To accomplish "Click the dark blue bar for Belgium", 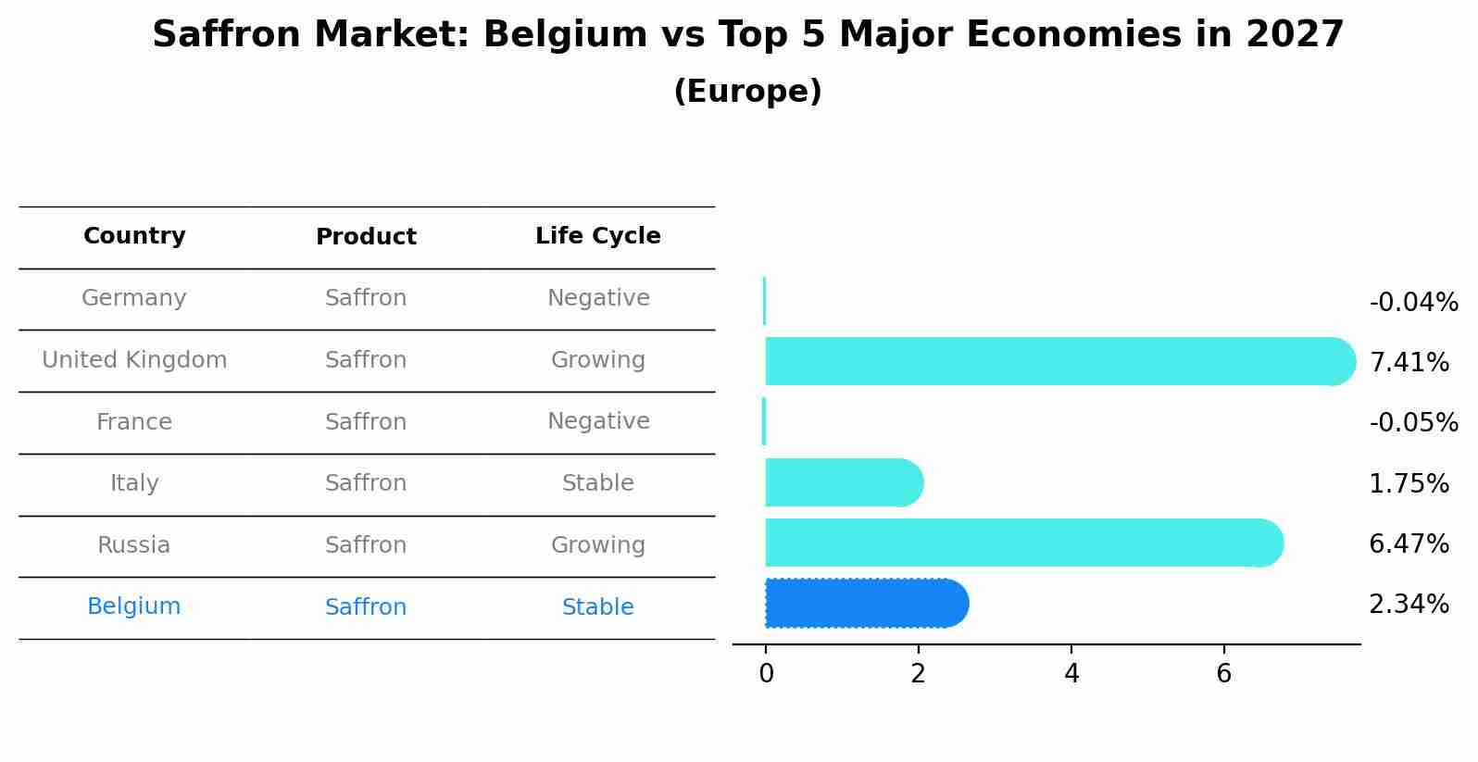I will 866,604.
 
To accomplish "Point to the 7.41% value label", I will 1409,363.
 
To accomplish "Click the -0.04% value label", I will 1413,303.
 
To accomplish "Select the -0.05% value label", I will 1413,423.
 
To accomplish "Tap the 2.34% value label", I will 1409,605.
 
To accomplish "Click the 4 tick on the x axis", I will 1071,674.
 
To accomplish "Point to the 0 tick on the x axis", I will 766,674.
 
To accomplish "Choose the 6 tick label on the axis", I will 1224,674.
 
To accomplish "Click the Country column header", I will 134,236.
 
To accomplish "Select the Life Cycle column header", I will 598,236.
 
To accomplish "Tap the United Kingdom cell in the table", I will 134,360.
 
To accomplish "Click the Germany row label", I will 134,298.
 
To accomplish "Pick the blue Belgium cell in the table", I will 134,606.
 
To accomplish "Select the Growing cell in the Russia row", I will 598,545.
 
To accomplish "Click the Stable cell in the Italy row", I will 598,483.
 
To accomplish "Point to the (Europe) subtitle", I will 747,92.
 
